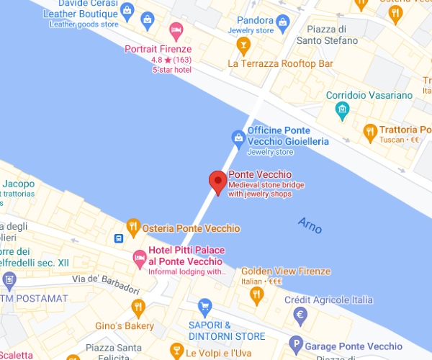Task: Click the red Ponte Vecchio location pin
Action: point(217,181)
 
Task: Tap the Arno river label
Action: point(310,225)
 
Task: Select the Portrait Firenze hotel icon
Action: point(176,31)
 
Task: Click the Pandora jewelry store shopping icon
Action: point(283,24)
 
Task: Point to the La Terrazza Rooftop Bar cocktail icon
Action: point(243,46)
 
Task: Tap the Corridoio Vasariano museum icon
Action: point(342,110)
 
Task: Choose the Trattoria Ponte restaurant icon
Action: point(370,131)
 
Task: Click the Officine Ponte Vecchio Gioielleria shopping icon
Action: point(238,136)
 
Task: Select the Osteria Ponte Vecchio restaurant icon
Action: point(132,228)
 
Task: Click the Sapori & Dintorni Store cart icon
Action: point(204,306)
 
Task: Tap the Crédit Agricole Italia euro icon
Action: point(301,315)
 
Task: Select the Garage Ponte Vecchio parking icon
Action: point(294,345)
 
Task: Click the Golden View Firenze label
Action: point(286,271)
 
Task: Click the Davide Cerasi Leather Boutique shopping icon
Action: point(127,9)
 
